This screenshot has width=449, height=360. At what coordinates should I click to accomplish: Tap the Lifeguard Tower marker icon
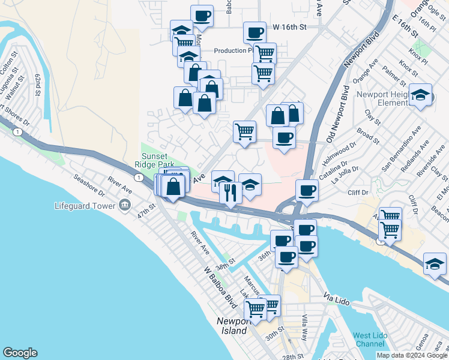[x=125, y=206]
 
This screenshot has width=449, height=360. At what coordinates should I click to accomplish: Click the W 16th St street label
[x=289, y=28]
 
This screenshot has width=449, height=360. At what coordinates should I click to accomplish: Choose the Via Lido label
[x=336, y=298]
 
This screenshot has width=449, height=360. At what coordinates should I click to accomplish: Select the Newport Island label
[x=231, y=326]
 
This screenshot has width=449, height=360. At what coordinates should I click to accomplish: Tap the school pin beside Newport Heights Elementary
[x=420, y=95]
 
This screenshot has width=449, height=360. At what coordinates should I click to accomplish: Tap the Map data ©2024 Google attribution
[x=412, y=355]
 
